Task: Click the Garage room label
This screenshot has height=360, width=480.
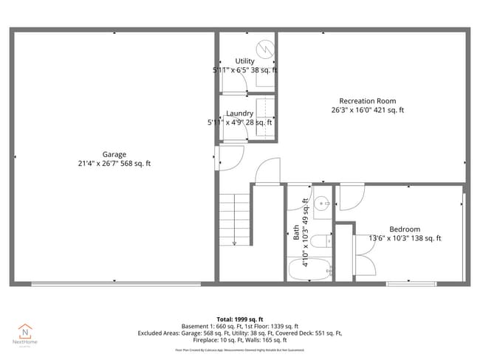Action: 114,154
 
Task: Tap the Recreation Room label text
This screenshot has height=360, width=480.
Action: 367,101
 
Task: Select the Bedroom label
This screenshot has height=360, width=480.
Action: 404,229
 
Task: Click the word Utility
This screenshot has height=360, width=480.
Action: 244,61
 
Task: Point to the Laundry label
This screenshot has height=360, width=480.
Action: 239,114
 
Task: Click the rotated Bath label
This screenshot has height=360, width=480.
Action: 297,233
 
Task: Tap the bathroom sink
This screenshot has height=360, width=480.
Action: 322,204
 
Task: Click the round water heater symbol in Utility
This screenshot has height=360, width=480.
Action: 268,50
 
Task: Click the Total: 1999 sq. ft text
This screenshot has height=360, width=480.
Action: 239,319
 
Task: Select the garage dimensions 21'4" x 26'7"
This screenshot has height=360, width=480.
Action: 114,163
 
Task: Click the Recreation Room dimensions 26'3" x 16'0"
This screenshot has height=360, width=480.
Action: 367,110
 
